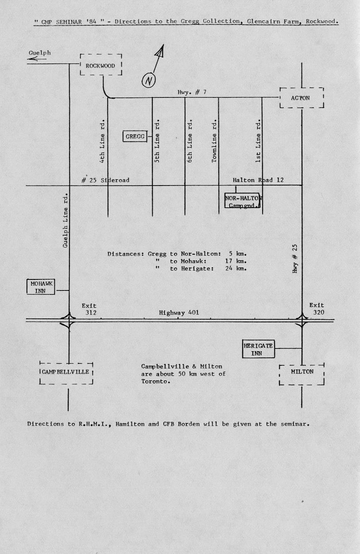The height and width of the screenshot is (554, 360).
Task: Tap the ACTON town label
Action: [x=300, y=98]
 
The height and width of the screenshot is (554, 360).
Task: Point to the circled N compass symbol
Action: [x=148, y=81]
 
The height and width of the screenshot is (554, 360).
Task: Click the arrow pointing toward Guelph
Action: [x=37, y=59]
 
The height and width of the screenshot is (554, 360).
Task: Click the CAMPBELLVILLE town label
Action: [x=66, y=372]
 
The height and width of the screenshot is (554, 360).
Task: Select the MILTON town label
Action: [x=302, y=372]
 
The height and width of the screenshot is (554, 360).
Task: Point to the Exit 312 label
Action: [x=89, y=309]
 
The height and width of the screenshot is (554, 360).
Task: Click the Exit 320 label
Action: [x=317, y=309]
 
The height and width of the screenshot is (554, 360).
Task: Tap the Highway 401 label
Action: [x=179, y=313]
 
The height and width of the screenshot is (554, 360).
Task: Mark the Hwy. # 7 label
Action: [x=192, y=92]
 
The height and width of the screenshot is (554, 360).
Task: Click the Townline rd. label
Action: [x=214, y=141]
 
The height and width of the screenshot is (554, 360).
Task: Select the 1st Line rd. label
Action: [x=258, y=141]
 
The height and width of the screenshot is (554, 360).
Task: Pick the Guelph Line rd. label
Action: [x=65, y=221]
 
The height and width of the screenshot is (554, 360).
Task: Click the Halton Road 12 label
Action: [x=258, y=180]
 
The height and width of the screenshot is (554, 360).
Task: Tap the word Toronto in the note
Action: [x=156, y=381]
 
